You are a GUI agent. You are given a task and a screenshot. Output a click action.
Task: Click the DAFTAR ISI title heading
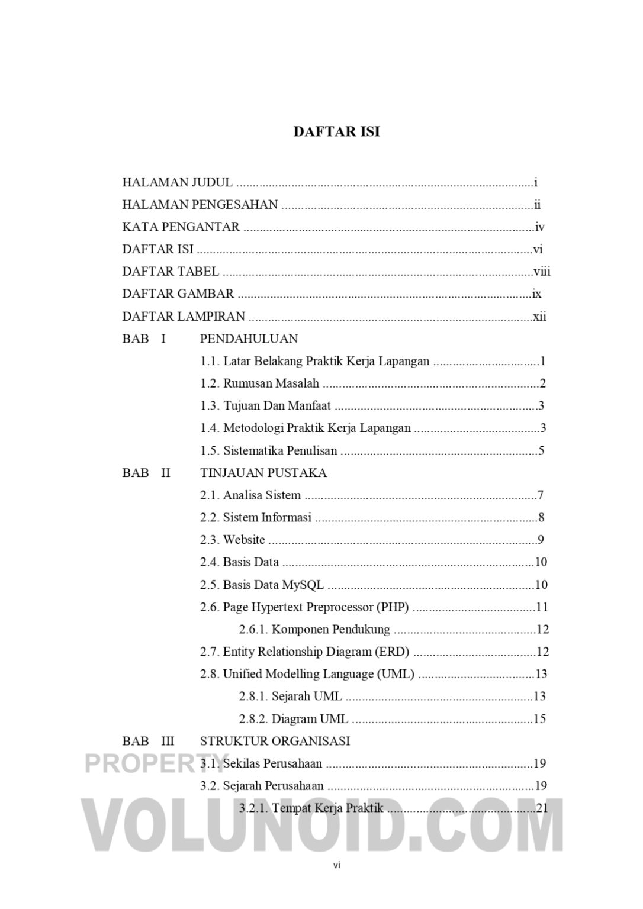click(336, 131)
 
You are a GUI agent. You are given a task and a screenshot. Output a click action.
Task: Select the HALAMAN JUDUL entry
click(177, 183)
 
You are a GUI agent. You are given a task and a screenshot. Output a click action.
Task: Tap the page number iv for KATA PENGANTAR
click(539, 227)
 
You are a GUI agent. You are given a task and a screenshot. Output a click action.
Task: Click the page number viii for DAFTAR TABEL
click(542, 272)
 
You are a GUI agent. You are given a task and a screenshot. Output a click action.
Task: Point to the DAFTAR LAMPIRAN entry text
click(184, 317)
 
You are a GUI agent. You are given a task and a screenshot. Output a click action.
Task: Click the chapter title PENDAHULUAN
click(249, 339)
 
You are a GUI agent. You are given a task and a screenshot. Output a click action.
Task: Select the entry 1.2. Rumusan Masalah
click(259, 383)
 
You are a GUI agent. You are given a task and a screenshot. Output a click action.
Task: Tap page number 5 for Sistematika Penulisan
click(541, 451)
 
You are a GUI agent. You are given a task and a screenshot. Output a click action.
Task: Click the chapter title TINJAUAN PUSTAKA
click(263, 473)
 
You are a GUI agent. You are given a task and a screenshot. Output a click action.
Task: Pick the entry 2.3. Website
click(232, 540)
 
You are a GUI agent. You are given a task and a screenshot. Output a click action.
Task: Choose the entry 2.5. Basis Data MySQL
click(262, 585)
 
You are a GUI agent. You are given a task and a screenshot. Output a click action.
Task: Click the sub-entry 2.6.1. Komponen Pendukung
click(314, 629)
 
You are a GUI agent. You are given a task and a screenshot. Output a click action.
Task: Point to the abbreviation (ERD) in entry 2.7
click(391, 652)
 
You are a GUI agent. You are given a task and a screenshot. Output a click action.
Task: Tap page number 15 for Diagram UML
click(539, 719)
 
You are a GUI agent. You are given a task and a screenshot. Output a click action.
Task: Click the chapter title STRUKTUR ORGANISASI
click(275, 741)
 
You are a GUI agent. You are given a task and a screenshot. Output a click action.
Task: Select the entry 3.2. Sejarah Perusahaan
click(262, 786)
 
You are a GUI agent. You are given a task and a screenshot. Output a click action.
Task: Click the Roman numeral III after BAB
click(168, 741)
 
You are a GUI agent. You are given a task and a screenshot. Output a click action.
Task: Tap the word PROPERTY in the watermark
click(155, 763)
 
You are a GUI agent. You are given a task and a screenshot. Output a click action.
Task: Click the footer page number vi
click(336, 865)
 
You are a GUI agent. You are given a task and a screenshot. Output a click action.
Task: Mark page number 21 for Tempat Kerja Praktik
click(542, 808)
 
